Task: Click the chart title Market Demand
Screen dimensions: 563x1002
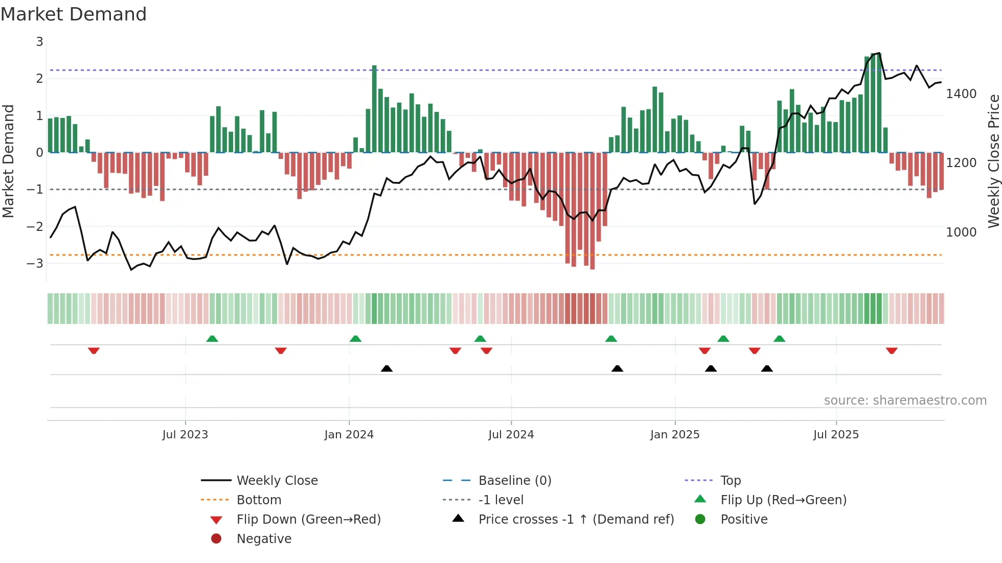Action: point(74,14)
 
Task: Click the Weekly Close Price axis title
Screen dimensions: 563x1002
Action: point(993,161)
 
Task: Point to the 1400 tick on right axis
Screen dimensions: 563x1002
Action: point(961,94)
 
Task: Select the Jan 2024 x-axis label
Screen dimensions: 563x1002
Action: point(349,435)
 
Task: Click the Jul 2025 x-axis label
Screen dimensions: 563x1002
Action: point(836,435)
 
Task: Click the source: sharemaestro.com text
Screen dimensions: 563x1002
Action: point(905,401)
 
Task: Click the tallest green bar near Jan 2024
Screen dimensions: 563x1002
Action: point(374,109)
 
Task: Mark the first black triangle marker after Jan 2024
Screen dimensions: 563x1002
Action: point(386,368)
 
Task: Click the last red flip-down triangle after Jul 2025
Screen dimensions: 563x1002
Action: point(892,350)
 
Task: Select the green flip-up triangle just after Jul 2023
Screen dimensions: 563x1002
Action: point(212,339)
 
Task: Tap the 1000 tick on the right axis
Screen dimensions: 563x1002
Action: point(961,232)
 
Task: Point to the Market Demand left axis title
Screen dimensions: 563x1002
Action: point(8,161)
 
